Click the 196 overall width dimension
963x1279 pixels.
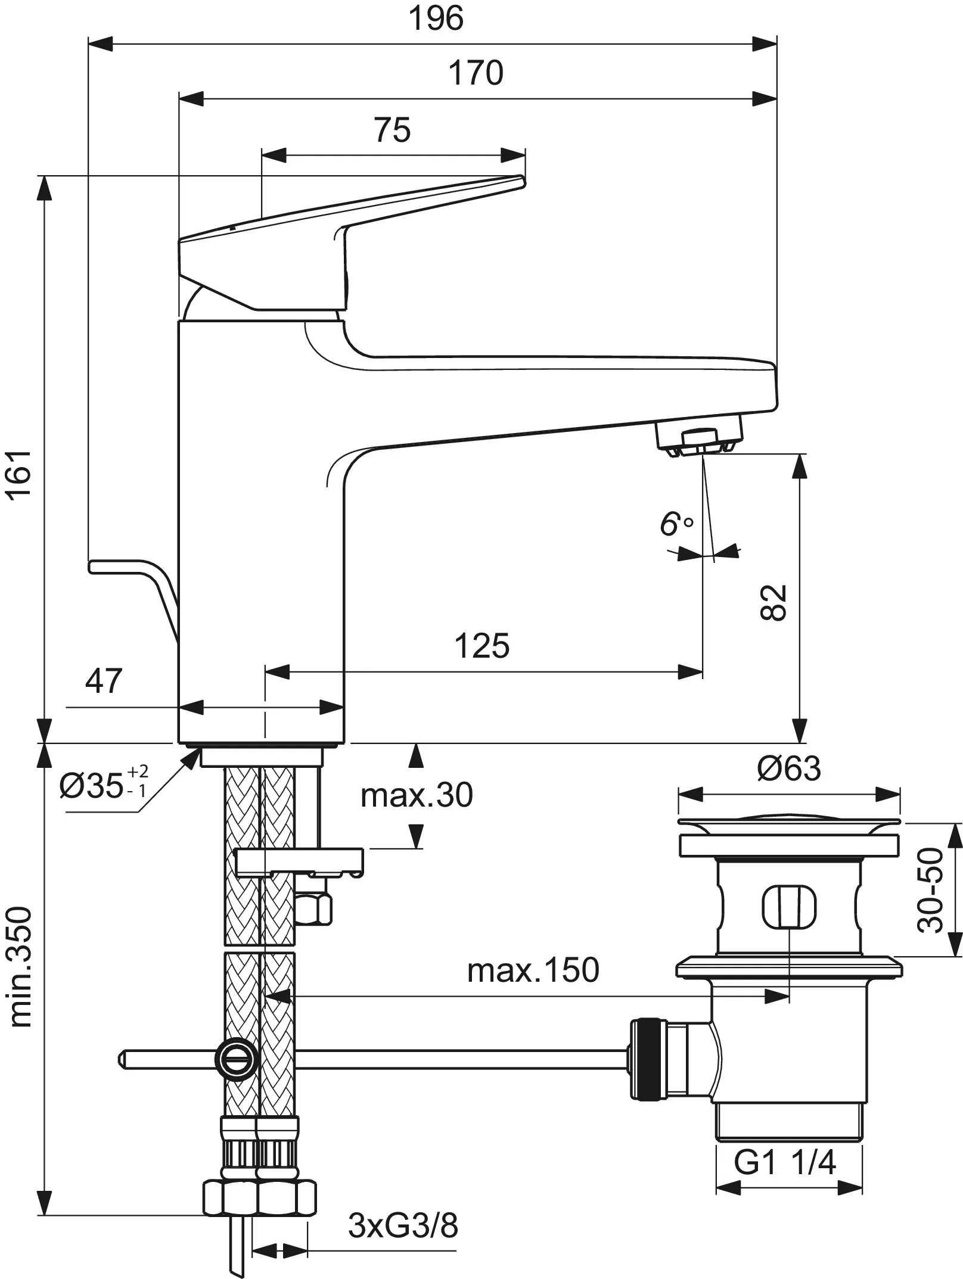pos(436,19)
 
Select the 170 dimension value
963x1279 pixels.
pos(476,73)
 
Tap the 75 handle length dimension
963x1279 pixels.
pos(393,130)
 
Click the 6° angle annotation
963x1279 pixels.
pos(676,524)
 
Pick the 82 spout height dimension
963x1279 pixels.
pos(775,603)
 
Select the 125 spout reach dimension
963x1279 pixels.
pos(482,646)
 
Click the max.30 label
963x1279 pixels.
pos(417,795)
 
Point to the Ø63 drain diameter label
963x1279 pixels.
pos(788,768)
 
